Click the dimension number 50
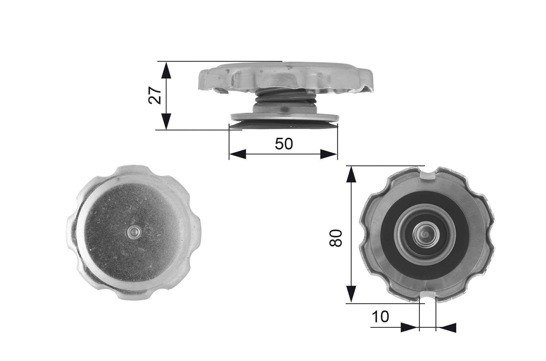[x=284, y=144]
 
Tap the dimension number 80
[x=336, y=238]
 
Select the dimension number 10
[x=380, y=317]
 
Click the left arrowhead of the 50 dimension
[x=238, y=154]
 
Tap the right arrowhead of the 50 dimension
[x=329, y=154]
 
